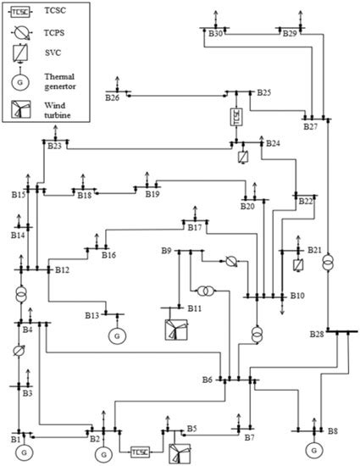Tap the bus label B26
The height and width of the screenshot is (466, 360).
pyautogui.click(x=113, y=98)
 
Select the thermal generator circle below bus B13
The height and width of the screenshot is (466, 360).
pyautogui.click(x=116, y=335)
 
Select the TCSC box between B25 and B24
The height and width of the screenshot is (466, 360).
pyautogui.click(x=236, y=118)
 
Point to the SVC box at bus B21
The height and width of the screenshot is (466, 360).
pyautogui.click(x=298, y=265)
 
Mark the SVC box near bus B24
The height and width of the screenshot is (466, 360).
pyautogui.click(x=243, y=157)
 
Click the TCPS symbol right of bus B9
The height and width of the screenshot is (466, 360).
pyautogui.click(x=230, y=262)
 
